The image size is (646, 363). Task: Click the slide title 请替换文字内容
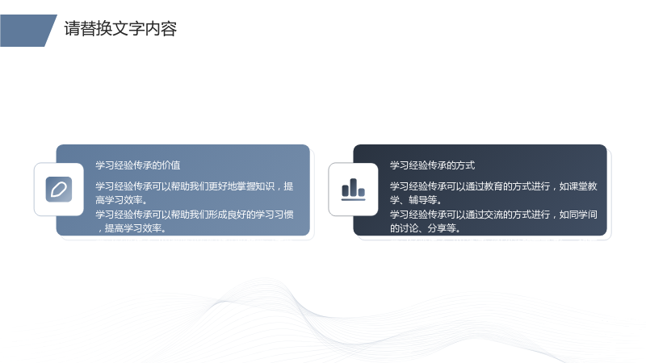(x=120, y=29)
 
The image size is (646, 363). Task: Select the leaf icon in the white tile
(x=59, y=190)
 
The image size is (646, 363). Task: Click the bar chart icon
(x=354, y=190)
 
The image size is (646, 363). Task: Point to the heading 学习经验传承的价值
(x=138, y=165)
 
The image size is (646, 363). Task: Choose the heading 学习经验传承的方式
(x=433, y=165)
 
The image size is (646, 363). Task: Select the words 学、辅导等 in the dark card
(x=413, y=200)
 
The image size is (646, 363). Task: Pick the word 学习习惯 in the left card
(x=275, y=215)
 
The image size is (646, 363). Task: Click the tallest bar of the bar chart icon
(x=354, y=187)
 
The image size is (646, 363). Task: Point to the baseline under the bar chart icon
(x=354, y=199)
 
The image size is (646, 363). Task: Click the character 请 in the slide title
(x=72, y=29)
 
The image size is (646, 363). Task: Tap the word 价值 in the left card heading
(x=171, y=165)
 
